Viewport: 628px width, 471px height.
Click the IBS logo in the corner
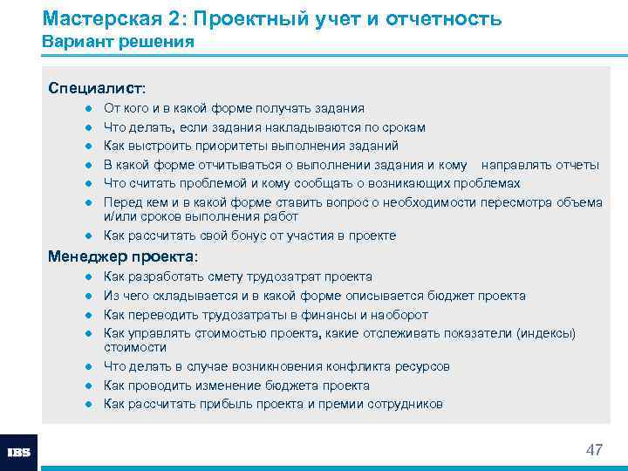[19, 453]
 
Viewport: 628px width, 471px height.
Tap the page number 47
[594, 450]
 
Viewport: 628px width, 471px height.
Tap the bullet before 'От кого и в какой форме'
[89, 109]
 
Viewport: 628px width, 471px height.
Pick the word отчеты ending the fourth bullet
[576, 165]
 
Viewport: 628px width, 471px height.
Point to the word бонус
[231, 235]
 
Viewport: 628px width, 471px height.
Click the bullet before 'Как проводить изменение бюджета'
[89, 386]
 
